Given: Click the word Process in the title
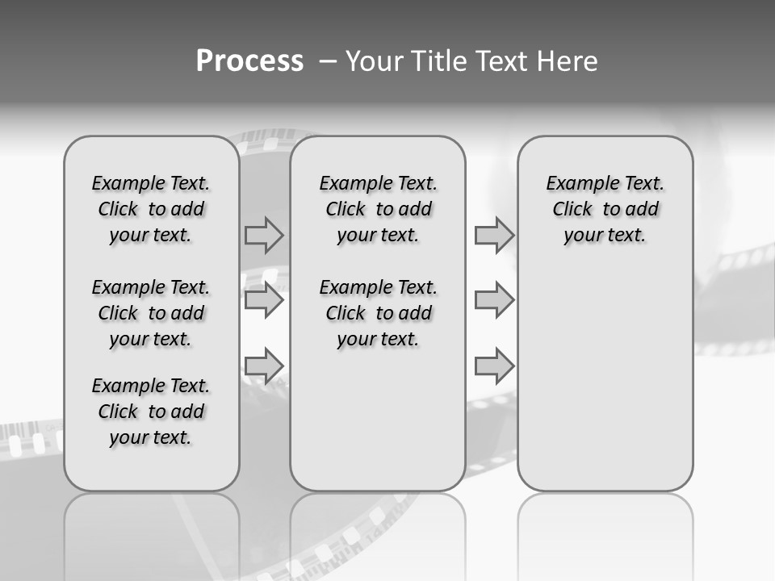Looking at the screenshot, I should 249,61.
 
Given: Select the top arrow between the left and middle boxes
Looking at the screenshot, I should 264,236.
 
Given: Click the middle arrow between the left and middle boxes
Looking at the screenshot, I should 264,301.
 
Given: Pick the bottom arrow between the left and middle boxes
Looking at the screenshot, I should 264,366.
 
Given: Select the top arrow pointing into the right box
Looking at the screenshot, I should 494,236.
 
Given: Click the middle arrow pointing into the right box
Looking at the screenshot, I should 494,301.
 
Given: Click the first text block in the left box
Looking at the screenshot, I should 151,209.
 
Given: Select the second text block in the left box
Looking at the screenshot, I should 151,313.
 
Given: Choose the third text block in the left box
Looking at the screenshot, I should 151,412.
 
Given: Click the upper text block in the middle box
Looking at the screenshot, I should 378,209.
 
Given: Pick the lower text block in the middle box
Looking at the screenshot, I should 378,313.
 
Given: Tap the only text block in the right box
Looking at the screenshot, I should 605,209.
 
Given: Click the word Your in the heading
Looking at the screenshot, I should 375,61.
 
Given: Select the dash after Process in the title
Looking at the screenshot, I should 327,61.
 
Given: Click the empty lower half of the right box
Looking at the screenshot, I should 605,387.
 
